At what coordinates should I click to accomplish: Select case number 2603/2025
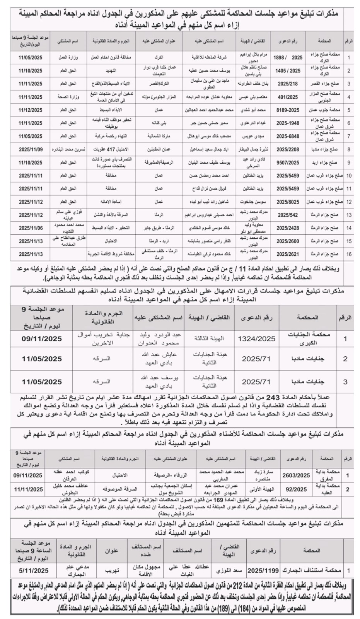click(296, 475)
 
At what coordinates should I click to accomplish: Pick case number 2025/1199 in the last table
click(263, 571)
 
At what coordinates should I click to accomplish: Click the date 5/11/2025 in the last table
click(34, 571)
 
